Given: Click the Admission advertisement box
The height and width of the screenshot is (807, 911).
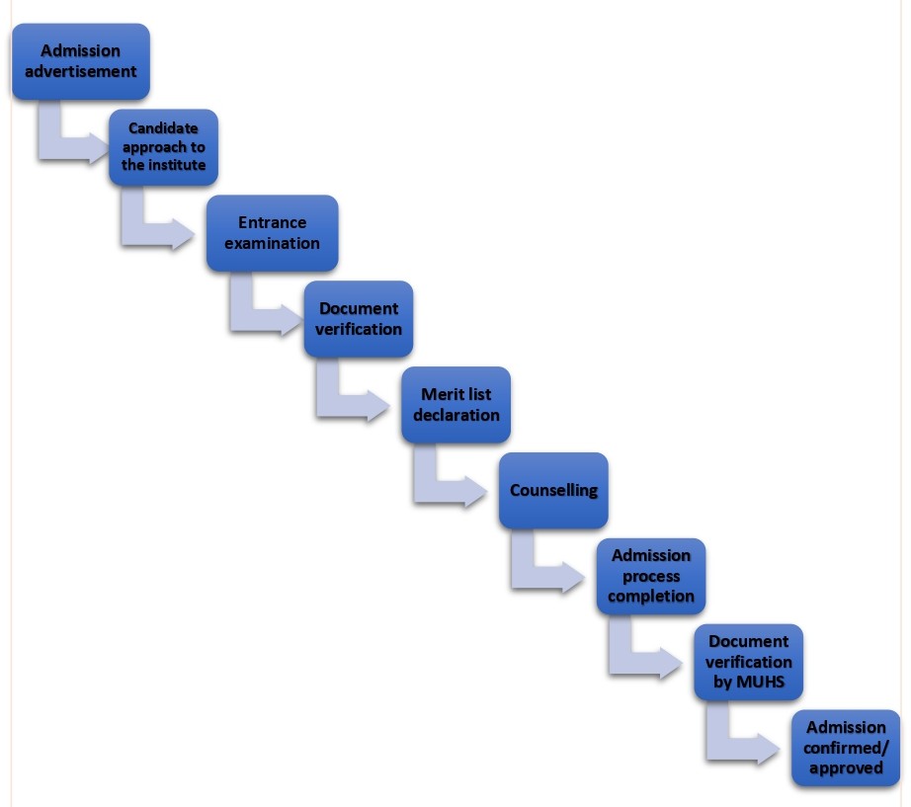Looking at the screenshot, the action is pyautogui.click(x=81, y=61).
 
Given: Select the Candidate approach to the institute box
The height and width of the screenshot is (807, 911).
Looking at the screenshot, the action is pyautogui.click(x=163, y=147).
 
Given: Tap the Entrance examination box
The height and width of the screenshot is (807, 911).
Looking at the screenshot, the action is pyautogui.click(x=272, y=233).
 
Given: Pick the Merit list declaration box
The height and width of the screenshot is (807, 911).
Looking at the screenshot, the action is pyautogui.click(x=456, y=405).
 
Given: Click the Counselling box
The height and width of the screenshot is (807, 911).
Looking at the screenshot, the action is pyautogui.click(x=553, y=490).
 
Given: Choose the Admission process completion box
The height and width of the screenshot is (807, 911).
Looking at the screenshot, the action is pyautogui.click(x=651, y=576).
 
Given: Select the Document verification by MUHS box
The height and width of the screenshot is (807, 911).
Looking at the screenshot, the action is pyautogui.click(x=748, y=662).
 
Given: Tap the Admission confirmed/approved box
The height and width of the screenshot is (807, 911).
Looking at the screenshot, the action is pyautogui.click(x=846, y=748).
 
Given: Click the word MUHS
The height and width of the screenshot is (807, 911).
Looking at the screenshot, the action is pyautogui.click(x=761, y=682).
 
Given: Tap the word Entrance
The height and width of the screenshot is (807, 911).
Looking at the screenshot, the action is pyautogui.click(x=272, y=222).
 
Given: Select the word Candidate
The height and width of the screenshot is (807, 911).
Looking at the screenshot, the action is pyautogui.click(x=163, y=127).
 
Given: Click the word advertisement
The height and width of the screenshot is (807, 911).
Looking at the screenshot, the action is pyautogui.click(x=81, y=71).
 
